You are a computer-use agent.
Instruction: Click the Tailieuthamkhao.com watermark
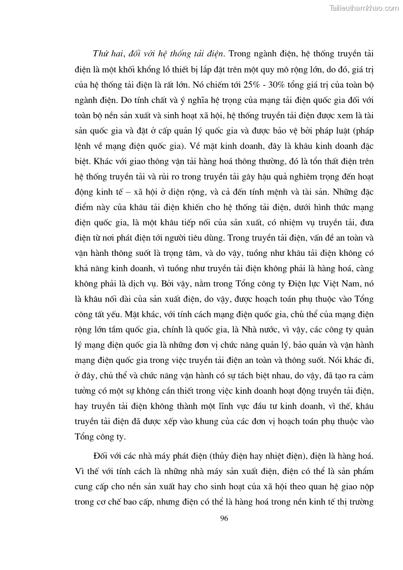click(x=364, y=8)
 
